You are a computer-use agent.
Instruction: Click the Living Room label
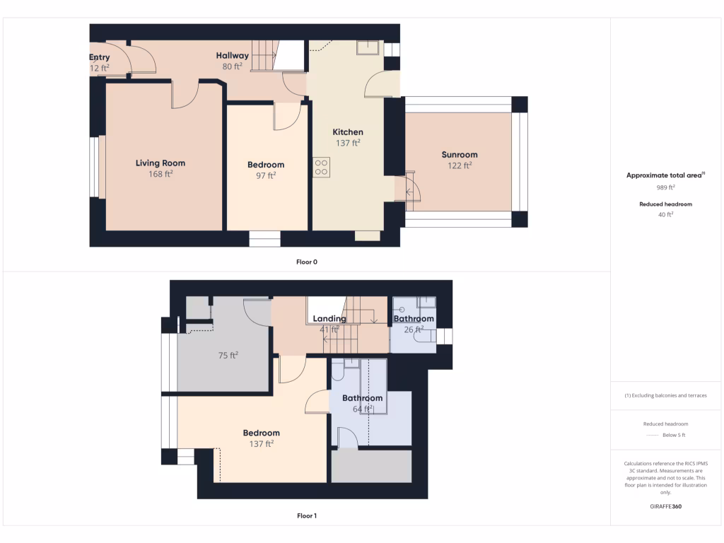click(160, 163)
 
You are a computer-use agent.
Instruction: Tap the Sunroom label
click(460, 155)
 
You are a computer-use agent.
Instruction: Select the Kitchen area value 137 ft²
click(348, 143)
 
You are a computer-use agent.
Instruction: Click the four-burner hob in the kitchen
click(321, 167)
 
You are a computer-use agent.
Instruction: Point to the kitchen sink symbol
click(368, 48)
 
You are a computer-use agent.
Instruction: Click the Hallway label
click(232, 56)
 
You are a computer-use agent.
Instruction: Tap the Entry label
click(100, 57)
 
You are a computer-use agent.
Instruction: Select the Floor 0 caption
click(306, 262)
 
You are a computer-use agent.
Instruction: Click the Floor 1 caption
click(306, 516)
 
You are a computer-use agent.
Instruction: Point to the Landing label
click(329, 319)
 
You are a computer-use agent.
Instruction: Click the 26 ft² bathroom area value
click(414, 329)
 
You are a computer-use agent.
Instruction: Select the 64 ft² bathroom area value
click(362, 409)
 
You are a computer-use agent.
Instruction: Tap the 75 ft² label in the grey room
click(227, 356)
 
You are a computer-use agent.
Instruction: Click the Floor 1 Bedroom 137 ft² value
click(261, 444)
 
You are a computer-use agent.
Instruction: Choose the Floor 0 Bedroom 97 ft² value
click(265, 176)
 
